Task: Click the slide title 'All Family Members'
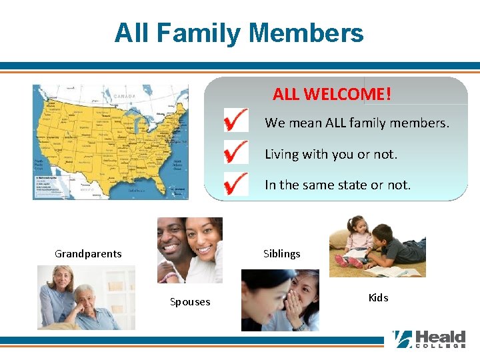tap(239, 33)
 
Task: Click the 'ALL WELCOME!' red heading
tap(331, 94)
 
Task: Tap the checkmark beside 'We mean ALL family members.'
tap(236, 122)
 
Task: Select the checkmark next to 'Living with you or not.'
tap(236, 153)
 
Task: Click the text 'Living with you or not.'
tap(331, 154)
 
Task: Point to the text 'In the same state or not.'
tap(337, 185)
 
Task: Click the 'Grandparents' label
tap(88, 253)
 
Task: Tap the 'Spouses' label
tap(190, 302)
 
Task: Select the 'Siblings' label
tap(281, 253)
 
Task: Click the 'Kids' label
tap(378, 297)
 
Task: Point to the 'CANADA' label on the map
tap(124, 96)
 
